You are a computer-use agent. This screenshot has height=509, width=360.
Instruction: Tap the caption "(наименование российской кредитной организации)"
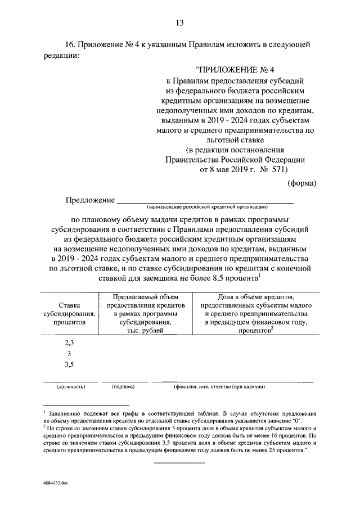204,207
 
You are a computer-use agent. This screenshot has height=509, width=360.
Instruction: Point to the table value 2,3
69,342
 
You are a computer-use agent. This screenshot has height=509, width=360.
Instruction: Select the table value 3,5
69,364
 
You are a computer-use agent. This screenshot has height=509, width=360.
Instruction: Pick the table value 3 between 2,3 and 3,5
69,353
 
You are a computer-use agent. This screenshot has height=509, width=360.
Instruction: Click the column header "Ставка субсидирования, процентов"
69,314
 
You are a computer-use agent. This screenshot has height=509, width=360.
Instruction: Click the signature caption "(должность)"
70,387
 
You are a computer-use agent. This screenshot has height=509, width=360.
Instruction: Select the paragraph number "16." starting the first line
70,44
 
